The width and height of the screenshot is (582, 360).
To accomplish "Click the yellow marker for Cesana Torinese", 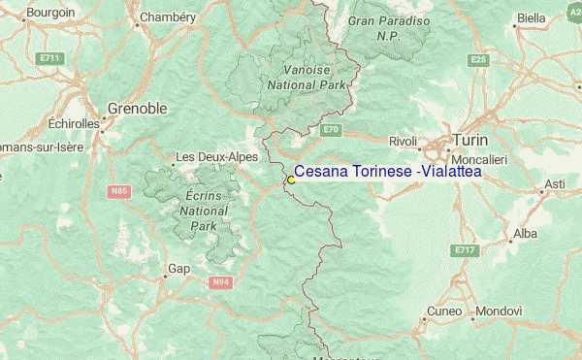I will pos(291,180).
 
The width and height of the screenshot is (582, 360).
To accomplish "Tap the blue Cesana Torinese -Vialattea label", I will pos(387,172).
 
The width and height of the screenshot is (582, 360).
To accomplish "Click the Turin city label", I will pos(469,140).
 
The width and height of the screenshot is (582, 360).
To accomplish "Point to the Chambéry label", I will pos(168,17).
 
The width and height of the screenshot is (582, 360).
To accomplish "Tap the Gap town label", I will pos(178,268).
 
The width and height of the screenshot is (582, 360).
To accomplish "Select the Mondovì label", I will pos(501,311).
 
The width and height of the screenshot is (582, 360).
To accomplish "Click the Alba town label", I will pos(525,234).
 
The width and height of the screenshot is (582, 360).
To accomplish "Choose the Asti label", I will pos(555,183).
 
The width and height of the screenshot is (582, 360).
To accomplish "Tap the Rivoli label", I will pos(402,142).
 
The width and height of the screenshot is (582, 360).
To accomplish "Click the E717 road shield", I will pos(466,250).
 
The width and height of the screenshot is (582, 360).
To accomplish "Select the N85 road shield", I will pos(119,191).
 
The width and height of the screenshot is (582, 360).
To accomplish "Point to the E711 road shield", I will pos(51,58).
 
